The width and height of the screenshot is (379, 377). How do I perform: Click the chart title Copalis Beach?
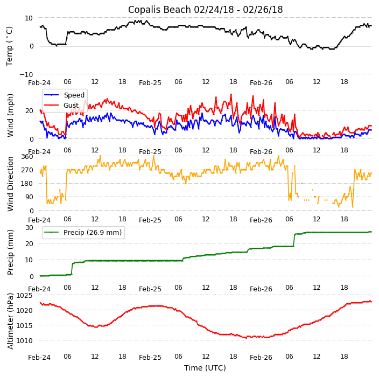tap(205, 10)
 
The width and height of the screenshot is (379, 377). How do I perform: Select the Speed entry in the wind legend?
tap(74, 95)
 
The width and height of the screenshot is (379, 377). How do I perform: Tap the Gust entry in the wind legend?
tap(71, 106)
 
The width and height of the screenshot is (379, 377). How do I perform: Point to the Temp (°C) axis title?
tap(10, 46)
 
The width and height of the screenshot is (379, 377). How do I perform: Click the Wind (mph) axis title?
tap(10, 115)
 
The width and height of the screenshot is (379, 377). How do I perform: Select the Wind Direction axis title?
tap(10, 184)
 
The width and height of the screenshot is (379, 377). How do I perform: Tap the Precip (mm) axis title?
tap(10, 252)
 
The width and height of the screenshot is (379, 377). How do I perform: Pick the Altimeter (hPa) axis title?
tap(10, 321)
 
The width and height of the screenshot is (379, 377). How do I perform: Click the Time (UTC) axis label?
tap(205, 368)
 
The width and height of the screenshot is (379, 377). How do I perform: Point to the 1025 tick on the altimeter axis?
tap(25, 295)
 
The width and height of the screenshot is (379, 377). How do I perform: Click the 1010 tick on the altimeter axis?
tap(25, 340)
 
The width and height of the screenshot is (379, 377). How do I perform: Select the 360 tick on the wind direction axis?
tap(27, 156)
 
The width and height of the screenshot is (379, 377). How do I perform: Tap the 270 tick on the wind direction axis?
tap(27, 170)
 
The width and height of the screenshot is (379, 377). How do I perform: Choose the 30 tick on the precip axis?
tap(29, 227)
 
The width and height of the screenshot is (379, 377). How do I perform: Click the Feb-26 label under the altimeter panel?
tap(261, 357)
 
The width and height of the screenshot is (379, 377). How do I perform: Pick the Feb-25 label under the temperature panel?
tap(150, 83)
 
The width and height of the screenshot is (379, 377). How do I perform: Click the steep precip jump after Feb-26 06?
tap(294, 240)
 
